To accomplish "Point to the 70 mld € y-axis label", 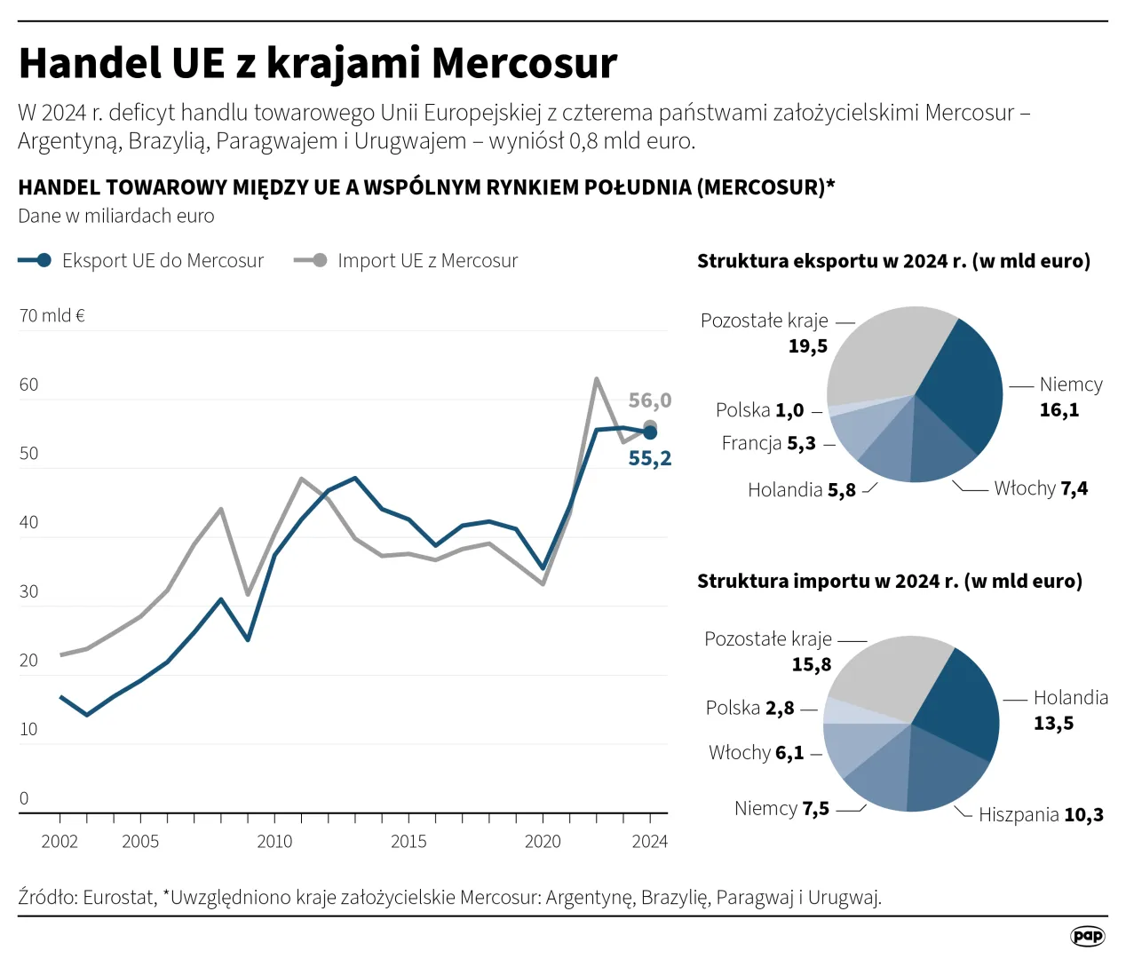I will (x=52, y=316).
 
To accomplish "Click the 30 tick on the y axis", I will (x=29, y=591).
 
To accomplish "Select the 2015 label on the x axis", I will (x=408, y=841).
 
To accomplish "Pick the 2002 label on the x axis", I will (x=59, y=841).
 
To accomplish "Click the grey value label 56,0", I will (x=650, y=400).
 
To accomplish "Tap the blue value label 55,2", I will (x=650, y=458).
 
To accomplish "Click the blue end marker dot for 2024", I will (x=650, y=432).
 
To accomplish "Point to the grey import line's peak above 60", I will (x=597, y=380).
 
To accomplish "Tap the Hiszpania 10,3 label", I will (x=1041, y=815).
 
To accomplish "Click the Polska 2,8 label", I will (x=749, y=709).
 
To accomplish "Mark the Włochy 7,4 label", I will (x=1041, y=488).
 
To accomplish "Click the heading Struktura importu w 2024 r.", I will (x=889, y=582).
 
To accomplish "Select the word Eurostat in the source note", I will (x=119, y=898).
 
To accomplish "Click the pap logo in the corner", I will (x=1088, y=936).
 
